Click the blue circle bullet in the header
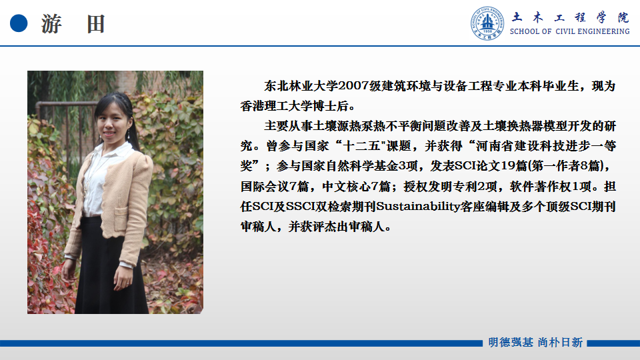coord(19,23)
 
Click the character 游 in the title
coord(52,24)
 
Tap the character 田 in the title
coord(95,24)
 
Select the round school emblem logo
coord(487,23)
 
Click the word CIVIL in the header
coord(565,31)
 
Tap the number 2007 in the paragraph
coord(353,86)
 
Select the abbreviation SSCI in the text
coord(301,207)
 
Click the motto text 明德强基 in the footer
coord(511,343)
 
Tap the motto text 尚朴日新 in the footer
coord(560,343)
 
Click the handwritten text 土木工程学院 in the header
coord(570,17)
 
